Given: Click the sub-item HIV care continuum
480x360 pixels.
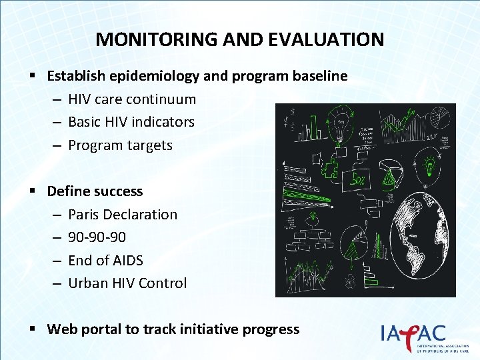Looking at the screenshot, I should tap(132, 99).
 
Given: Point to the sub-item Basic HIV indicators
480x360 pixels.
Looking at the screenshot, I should tap(131, 122).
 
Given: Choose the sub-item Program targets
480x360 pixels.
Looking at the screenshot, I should tap(120, 145).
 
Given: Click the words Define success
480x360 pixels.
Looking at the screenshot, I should tap(95, 191).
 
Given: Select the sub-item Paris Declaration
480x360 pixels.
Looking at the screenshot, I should tap(123, 215).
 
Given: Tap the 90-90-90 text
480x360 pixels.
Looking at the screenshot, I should tap(97, 237).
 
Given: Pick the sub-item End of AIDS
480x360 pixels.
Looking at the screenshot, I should tap(105, 260).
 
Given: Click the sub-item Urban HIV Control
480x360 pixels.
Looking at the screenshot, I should tap(127, 283).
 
